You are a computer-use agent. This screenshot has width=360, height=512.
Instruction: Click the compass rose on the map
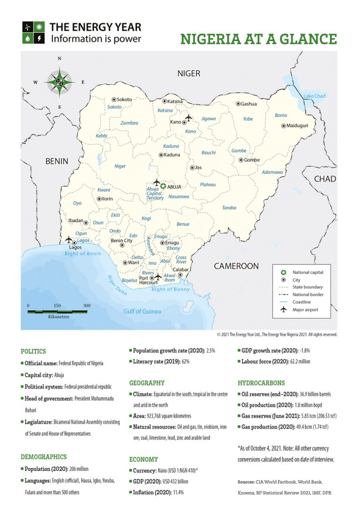pos(60,83)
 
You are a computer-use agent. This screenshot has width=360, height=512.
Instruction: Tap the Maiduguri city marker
pos(284,126)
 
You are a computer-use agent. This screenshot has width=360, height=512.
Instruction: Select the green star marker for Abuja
pos(163,187)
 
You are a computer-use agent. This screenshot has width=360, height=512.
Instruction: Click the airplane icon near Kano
pos(188,117)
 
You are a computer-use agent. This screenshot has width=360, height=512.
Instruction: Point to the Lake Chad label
pos(314,96)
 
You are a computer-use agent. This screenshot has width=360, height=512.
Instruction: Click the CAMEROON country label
pos(236,266)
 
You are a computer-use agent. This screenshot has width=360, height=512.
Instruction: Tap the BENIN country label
pos(57,161)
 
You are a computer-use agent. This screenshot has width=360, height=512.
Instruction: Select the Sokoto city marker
pos(113,99)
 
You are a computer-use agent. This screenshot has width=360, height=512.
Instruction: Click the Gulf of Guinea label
pos(142,311)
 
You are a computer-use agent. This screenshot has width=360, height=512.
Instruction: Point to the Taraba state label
pos(229,207)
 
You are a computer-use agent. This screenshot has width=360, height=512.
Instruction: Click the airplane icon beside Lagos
pos(69,240)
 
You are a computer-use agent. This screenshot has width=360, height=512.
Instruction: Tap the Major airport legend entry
pos(305,309)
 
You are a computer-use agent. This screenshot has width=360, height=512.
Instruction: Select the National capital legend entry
pos(307,272)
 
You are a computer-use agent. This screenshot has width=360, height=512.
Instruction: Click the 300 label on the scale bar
pos(87,306)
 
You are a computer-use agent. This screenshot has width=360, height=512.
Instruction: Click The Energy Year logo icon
pos(34,32)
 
